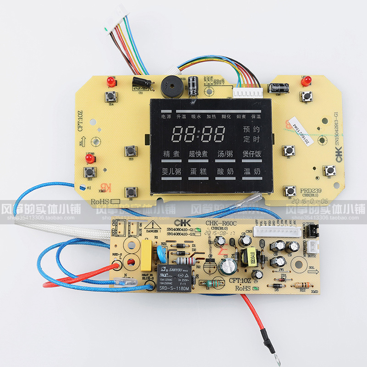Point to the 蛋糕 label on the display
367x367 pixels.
tap(199, 171)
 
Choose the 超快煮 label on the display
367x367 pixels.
tap(199, 154)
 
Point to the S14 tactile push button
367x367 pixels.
tap(111, 97)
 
